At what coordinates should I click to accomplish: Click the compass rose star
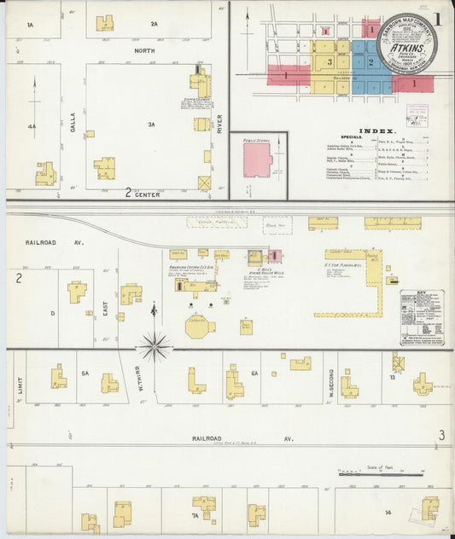point(155,346)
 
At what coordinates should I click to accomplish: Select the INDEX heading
point(376,130)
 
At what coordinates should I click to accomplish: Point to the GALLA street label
point(73,124)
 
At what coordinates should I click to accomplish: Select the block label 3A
point(152,125)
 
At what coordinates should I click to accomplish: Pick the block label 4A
point(32,126)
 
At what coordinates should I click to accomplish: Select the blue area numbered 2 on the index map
point(370,61)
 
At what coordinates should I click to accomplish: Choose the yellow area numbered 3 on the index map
point(329,61)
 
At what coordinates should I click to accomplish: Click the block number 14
point(388,512)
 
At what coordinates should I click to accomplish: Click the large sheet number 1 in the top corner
point(436,17)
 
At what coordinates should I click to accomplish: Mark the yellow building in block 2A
point(105,23)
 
